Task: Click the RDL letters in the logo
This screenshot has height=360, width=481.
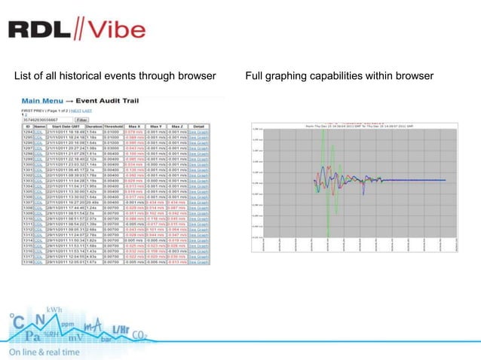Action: (x=39, y=29)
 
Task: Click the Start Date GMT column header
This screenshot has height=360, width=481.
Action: (x=64, y=127)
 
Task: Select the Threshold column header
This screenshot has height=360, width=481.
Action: (x=112, y=127)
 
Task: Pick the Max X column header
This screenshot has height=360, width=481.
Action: (x=134, y=127)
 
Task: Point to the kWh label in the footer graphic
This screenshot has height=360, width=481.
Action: (x=54, y=311)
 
